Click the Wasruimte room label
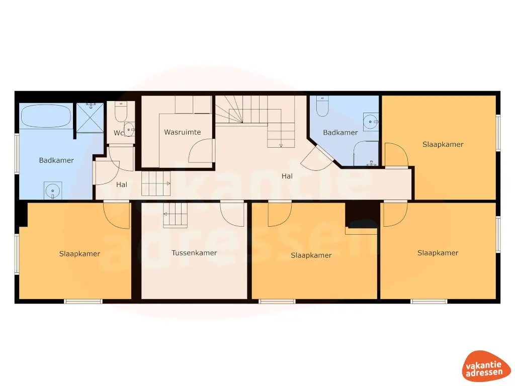(182, 133)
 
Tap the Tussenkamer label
(194, 253)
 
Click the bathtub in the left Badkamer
(46, 116)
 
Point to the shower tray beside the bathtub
(90, 118)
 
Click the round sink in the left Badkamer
(52, 190)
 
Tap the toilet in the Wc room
(121, 112)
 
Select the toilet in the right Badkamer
(322, 107)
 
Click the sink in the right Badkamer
(371, 121)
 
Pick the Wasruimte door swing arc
(201, 150)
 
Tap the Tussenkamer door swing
(232, 213)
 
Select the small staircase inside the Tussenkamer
(175, 215)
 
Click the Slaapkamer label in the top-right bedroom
(443, 145)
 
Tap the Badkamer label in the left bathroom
(56, 161)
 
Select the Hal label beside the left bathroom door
(122, 185)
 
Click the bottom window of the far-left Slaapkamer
(83, 301)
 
